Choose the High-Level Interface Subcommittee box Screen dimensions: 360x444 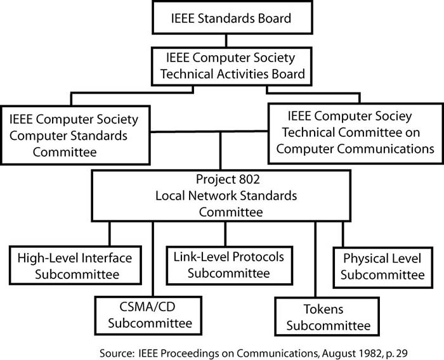[75, 266]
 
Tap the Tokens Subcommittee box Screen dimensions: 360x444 [323, 318]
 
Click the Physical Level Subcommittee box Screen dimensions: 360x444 [383, 266]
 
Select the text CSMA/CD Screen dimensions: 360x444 [140, 308]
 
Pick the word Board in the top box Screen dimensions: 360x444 [272, 18]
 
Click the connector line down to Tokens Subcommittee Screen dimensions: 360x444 [315, 260]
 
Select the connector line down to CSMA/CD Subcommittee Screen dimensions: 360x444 [153, 260]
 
